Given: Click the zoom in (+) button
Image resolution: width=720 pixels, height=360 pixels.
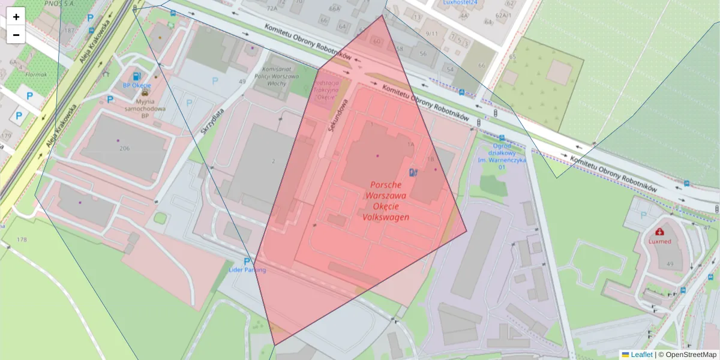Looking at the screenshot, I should tap(16, 17).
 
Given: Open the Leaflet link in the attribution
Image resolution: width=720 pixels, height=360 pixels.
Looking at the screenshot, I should tap(641, 355).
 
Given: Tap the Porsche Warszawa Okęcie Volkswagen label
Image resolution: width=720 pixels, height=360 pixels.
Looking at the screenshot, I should tap(386, 201).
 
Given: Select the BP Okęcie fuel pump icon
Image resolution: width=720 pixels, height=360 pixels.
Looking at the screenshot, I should tap(137, 76).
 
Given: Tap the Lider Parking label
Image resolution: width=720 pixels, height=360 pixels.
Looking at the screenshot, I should tap(247, 270).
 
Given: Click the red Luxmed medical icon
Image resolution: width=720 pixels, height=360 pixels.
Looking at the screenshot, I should tap(660, 232).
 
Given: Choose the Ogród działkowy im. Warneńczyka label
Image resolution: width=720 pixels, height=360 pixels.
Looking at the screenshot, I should tap(501, 155).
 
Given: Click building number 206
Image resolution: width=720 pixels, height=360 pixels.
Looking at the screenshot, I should tap(124, 148).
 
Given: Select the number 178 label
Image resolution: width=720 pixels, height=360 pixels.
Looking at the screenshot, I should tap(22, 239).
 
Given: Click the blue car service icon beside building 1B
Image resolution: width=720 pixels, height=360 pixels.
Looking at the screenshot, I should tap(412, 172).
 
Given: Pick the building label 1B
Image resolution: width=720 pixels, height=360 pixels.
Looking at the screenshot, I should tap(430, 159).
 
